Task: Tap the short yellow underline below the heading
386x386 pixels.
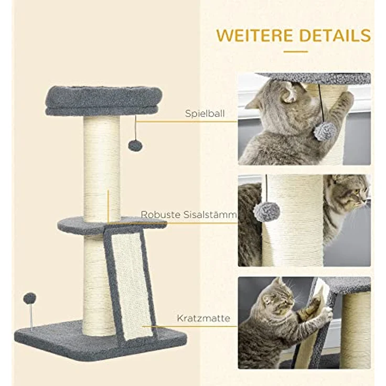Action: point(296,51)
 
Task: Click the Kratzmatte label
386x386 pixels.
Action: point(203,318)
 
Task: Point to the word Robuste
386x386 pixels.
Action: point(159,215)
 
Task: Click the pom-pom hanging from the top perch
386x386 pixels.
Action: point(135,145)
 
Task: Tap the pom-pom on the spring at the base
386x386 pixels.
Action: point(29,298)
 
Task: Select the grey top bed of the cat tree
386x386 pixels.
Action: point(103,100)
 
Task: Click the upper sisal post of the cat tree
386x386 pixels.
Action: point(101,168)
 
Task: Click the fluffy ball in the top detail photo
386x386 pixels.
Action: point(325,131)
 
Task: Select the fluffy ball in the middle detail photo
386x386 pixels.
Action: point(266,211)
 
